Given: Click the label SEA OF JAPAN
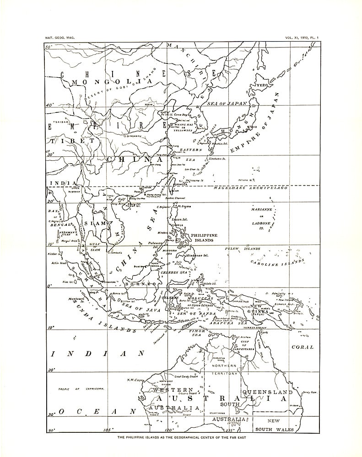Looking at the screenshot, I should pyautogui.click(x=227, y=104).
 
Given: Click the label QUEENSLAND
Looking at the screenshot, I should pyautogui.click(x=268, y=393).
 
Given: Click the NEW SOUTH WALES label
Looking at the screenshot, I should pyautogui.click(x=274, y=425).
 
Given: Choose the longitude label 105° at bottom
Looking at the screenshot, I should pyautogui.click(x=108, y=430).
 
